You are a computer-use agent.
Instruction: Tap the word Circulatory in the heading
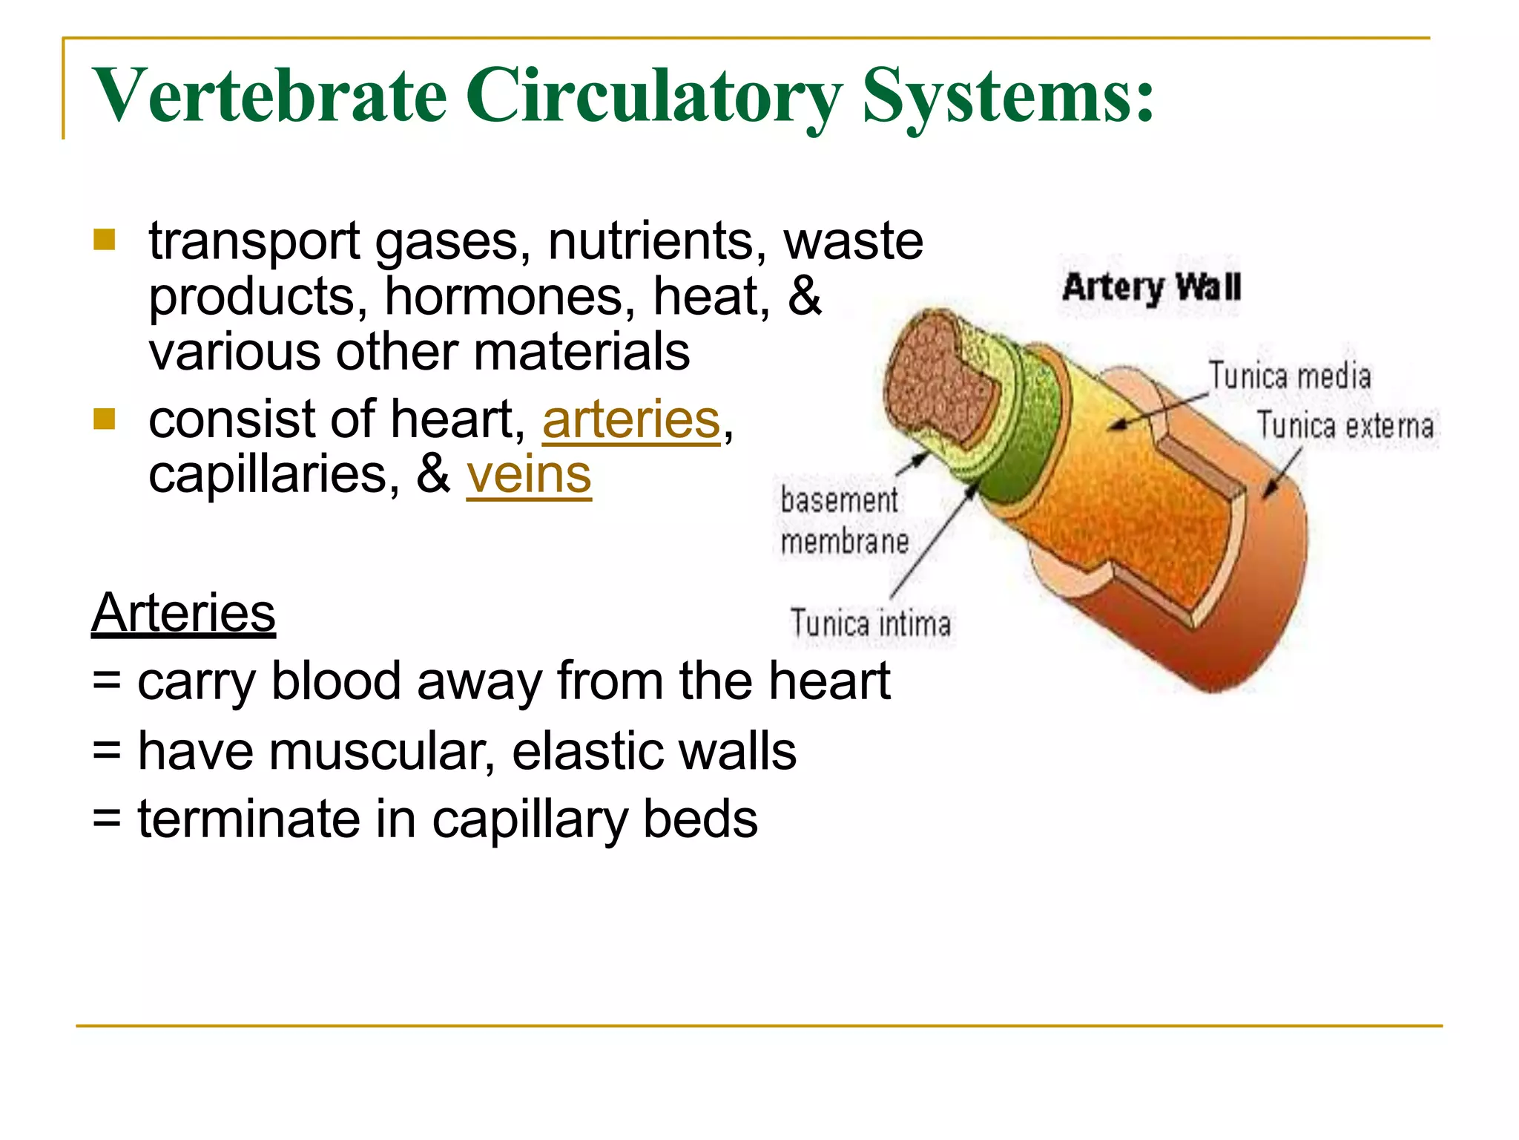[653, 96]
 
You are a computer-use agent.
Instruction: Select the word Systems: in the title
[1008, 96]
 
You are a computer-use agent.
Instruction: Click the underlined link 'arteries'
[631, 420]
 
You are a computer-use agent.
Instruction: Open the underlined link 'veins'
[529, 475]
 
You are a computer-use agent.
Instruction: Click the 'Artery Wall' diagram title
[1151, 287]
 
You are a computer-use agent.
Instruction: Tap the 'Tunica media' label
[1290, 376]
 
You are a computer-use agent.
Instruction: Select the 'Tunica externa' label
[1345, 426]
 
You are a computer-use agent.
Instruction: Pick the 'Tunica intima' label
[870, 623]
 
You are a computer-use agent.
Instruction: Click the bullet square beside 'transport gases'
[105, 240]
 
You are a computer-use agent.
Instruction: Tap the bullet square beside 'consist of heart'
[105, 419]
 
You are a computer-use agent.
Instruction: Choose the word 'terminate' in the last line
[249, 819]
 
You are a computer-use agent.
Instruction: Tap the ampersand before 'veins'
[434, 475]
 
